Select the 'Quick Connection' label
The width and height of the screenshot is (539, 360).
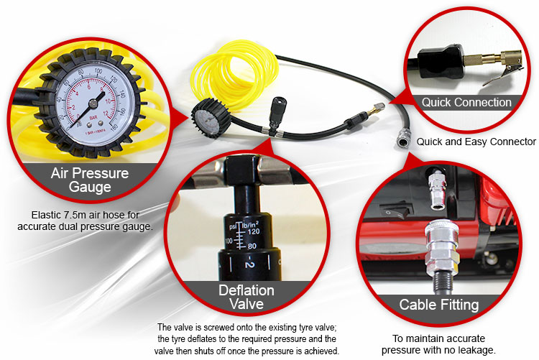pyautogui.click(x=466, y=102)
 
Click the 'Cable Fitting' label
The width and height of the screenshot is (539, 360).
pyautogui.click(x=439, y=305)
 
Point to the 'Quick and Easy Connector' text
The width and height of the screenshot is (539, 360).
pyautogui.click(x=476, y=142)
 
